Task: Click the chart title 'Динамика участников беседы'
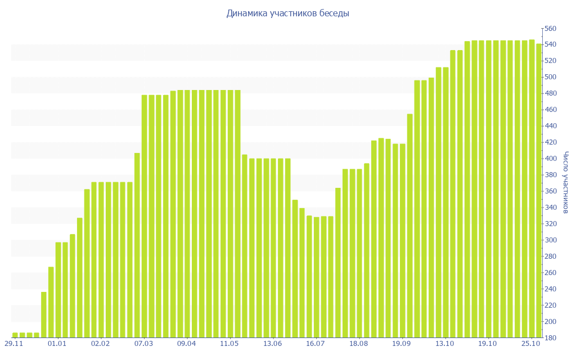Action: point(287,13)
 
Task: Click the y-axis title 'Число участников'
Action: point(566,182)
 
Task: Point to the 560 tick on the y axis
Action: point(550,28)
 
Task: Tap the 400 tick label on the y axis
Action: point(550,159)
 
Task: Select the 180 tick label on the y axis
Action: point(550,338)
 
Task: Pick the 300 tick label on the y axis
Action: point(550,240)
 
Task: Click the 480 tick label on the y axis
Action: point(550,93)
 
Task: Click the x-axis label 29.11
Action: point(14,343)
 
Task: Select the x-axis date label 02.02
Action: point(100,343)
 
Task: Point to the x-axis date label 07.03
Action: point(143,343)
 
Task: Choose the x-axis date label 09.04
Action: point(186,343)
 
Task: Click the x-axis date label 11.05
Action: point(229,343)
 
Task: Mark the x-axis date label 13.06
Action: point(272,343)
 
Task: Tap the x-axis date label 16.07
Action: point(316,343)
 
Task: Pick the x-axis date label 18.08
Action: point(358,343)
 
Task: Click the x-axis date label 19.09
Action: point(402,343)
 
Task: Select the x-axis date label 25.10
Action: point(531,343)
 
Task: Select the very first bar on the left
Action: point(15,335)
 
